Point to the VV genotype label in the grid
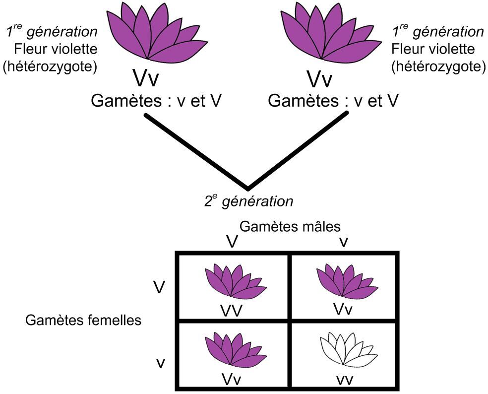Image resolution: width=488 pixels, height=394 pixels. click(232, 311)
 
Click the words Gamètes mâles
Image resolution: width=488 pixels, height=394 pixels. click(290, 226)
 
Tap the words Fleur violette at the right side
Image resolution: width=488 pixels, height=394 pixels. click(433, 49)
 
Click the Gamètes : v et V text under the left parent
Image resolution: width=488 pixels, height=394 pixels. click(155, 101)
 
